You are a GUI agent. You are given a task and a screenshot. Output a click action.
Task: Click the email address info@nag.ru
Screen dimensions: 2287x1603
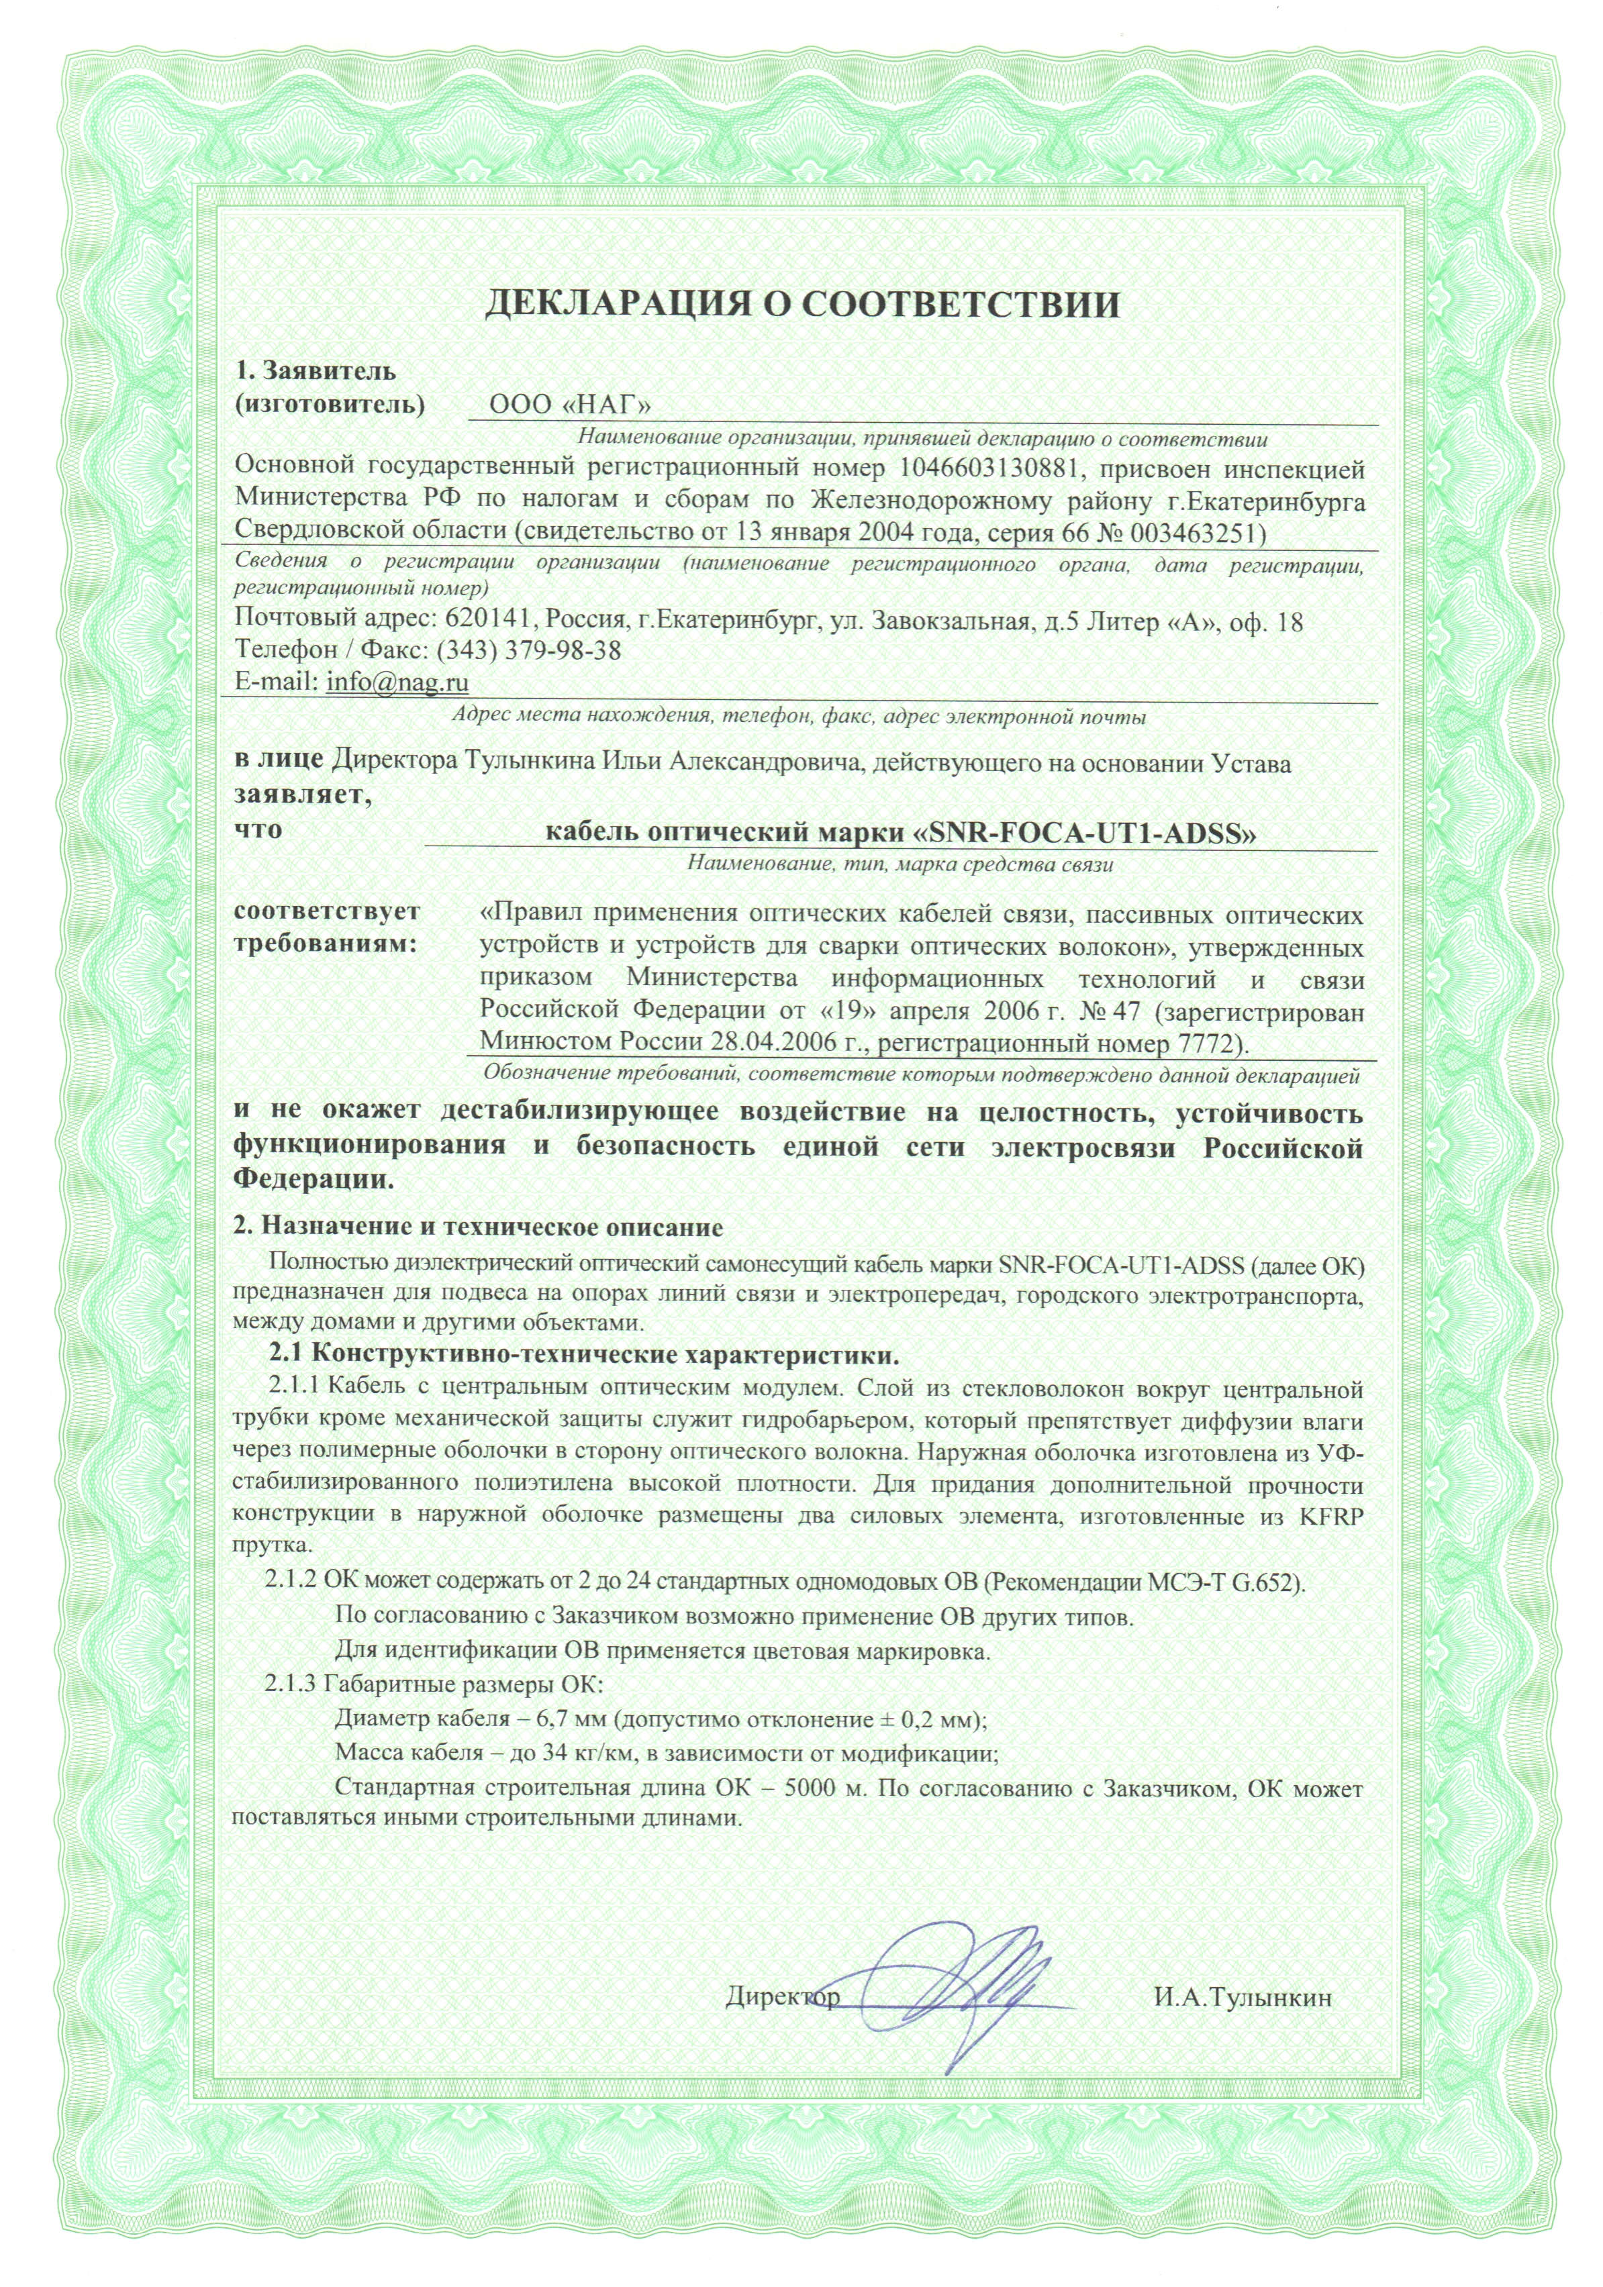pos(397,682)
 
